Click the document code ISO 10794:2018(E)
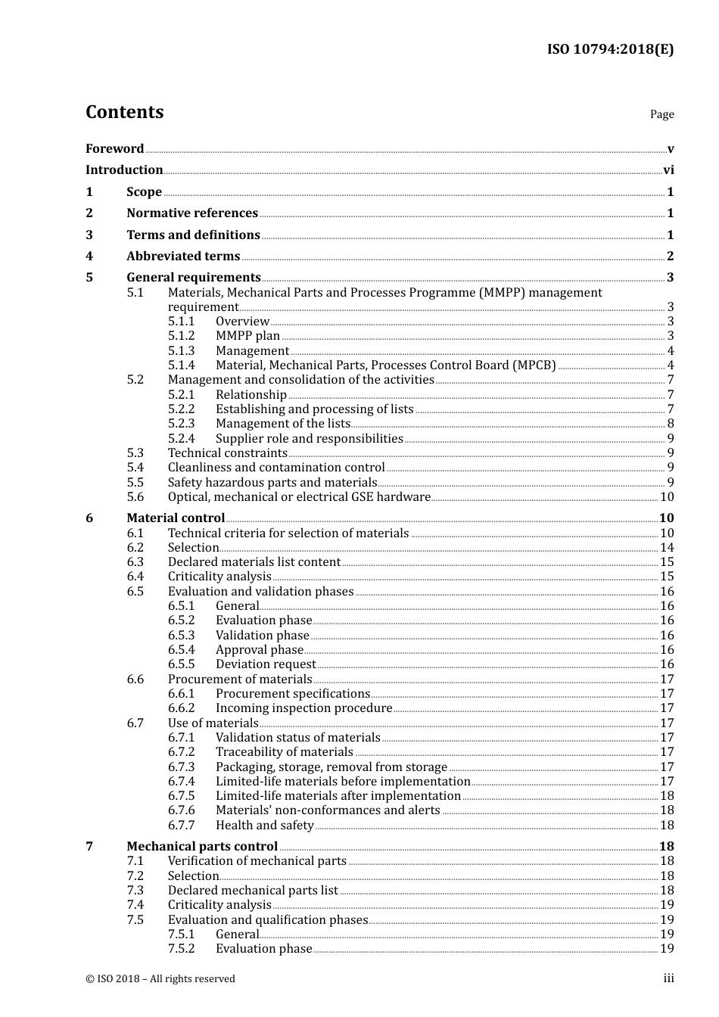(610, 49)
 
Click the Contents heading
(124, 112)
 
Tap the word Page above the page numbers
(661, 114)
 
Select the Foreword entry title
(114, 148)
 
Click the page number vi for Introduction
(668, 170)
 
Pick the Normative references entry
(192, 213)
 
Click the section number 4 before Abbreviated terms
(89, 257)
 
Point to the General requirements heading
(194, 278)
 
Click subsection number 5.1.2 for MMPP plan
(181, 336)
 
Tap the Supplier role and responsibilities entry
(309, 439)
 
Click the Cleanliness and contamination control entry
(276, 468)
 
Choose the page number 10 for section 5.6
(667, 497)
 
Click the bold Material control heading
(176, 518)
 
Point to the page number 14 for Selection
(667, 548)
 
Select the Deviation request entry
(266, 664)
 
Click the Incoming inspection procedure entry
(303, 708)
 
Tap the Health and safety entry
(264, 826)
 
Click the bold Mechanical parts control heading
(202, 847)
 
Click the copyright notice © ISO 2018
(160, 979)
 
